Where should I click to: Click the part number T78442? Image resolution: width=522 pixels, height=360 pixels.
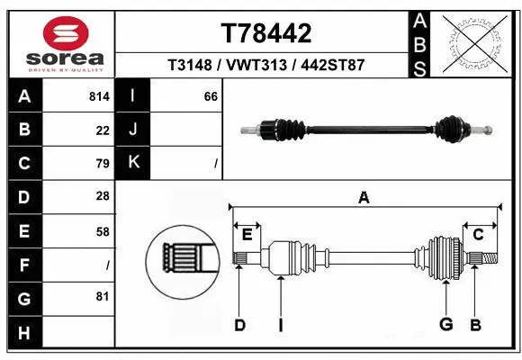click(266, 34)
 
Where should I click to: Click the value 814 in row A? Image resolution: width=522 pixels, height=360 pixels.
click(99, 96)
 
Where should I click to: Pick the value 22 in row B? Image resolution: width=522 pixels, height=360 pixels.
click(103, 130)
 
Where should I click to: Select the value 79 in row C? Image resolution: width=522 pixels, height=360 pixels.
click(103, 164)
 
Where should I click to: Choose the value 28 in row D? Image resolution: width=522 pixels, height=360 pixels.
click(103, 196)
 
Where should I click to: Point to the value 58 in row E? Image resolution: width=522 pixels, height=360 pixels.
click(103, 230)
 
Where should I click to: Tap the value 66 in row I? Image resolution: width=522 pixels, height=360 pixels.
click(211, 96)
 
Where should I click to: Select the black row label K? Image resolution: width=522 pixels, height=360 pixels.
click(133, 163)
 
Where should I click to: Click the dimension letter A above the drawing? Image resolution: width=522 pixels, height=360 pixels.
click(364, 197)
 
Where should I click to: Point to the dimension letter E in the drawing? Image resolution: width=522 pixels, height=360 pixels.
click(247, 236)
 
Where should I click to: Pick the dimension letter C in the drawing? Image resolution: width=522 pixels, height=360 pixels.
click(478, 235)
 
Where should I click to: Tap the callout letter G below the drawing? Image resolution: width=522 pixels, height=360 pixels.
click(445, 325)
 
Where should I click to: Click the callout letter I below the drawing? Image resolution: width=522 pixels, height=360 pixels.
click(280, 325)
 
